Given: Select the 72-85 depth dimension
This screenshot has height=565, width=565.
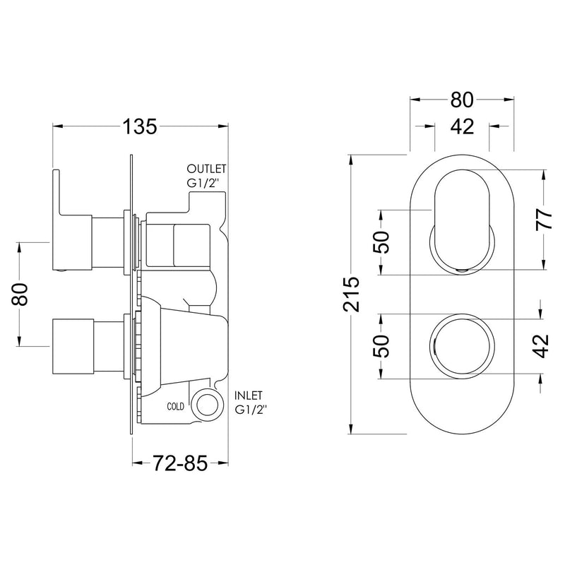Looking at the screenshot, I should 179,464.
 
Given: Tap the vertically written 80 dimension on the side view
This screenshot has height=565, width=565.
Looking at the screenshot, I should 23,293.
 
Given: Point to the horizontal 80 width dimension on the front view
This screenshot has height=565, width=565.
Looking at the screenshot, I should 461,99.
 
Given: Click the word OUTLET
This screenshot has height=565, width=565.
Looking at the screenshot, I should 206,169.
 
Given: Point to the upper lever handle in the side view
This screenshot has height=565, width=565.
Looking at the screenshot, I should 71,219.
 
